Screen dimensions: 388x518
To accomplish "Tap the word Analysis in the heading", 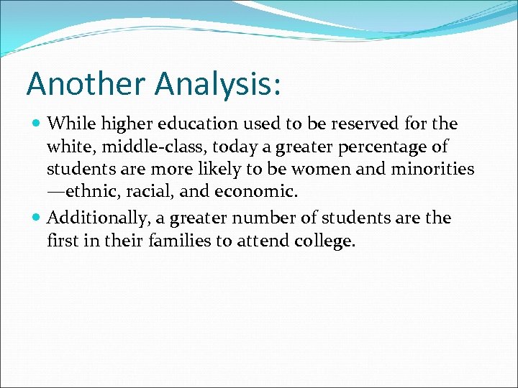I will coord(215,84).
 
